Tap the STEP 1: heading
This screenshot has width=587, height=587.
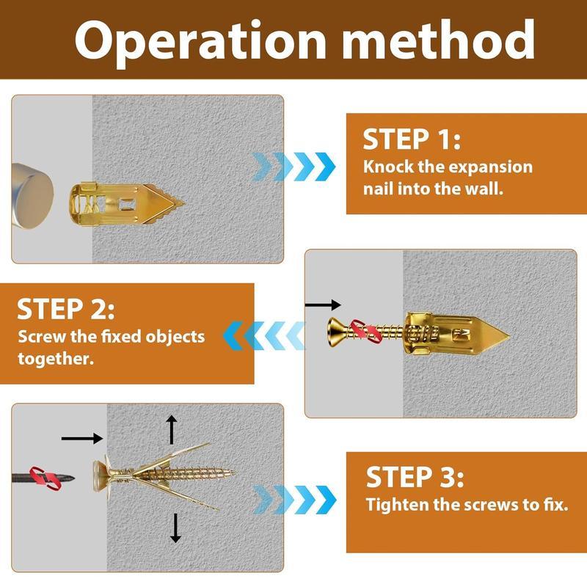tap(412, 139)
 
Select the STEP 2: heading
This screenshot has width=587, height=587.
tap(65, 309)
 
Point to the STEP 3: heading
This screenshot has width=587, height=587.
tap(415, 478)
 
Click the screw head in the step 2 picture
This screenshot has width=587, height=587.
tap(334, 335)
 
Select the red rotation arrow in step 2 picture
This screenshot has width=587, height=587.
tap(365, 332)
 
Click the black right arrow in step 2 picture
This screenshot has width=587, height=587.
tap(323, 305)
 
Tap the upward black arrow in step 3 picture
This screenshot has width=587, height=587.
tap(172, 429)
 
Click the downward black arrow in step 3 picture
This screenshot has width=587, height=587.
tap(175, 528)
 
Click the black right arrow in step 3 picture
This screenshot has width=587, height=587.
tap(81, 439)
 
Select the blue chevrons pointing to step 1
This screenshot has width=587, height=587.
tap(293, 167)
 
